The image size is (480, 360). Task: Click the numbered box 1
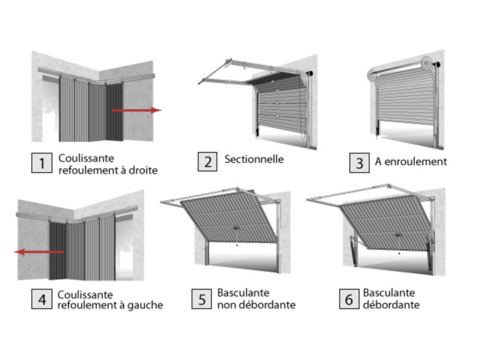click(x=42, y=163)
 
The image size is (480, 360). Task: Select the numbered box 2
click(x=208, y=162)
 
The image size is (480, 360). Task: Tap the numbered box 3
click(x=360, y=163)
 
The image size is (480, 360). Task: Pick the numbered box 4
click(x=42, y=299)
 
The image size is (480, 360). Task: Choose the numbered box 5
click(x=202, y=299)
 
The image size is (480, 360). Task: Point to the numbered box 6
click(x=349, y=299)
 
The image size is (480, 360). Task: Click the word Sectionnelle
click(x=254, y=159)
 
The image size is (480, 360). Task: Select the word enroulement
click(x=416, y=162)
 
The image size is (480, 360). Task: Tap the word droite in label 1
click(x=143, y=170)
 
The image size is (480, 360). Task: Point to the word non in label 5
click(x=226, y=305)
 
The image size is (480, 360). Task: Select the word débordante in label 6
click(x=391, y=305)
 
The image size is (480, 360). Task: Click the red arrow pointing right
click(x=136, y=110)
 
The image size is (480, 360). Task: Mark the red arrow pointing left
click(x=38, y=252)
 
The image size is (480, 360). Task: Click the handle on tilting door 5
click(x=236, y=228)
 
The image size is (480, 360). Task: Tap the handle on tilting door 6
click(x=398, y=235)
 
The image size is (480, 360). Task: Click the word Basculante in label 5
click(x=243, y=293)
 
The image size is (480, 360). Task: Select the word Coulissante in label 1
click(x=86, y=158)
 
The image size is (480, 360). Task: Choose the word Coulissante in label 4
click(x=85, y=295)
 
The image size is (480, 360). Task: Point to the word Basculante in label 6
click(x=389, y=293)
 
